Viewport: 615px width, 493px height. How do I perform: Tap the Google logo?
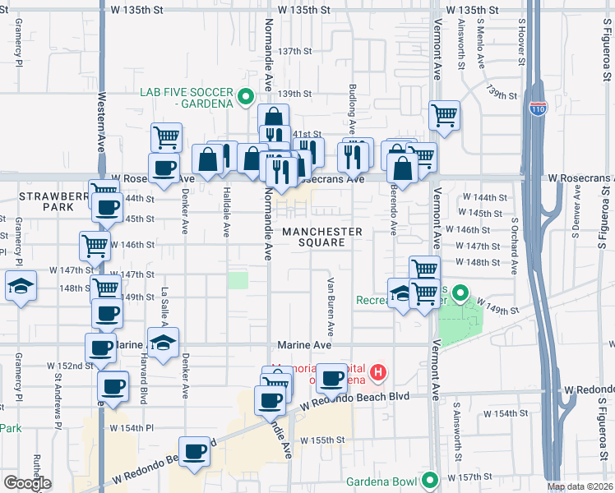pos(27,482)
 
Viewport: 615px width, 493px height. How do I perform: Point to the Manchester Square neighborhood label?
pos(321,237)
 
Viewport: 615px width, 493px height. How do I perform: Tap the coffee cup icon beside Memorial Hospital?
pos(332,377)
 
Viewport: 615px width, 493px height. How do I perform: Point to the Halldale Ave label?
pos(226,212)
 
